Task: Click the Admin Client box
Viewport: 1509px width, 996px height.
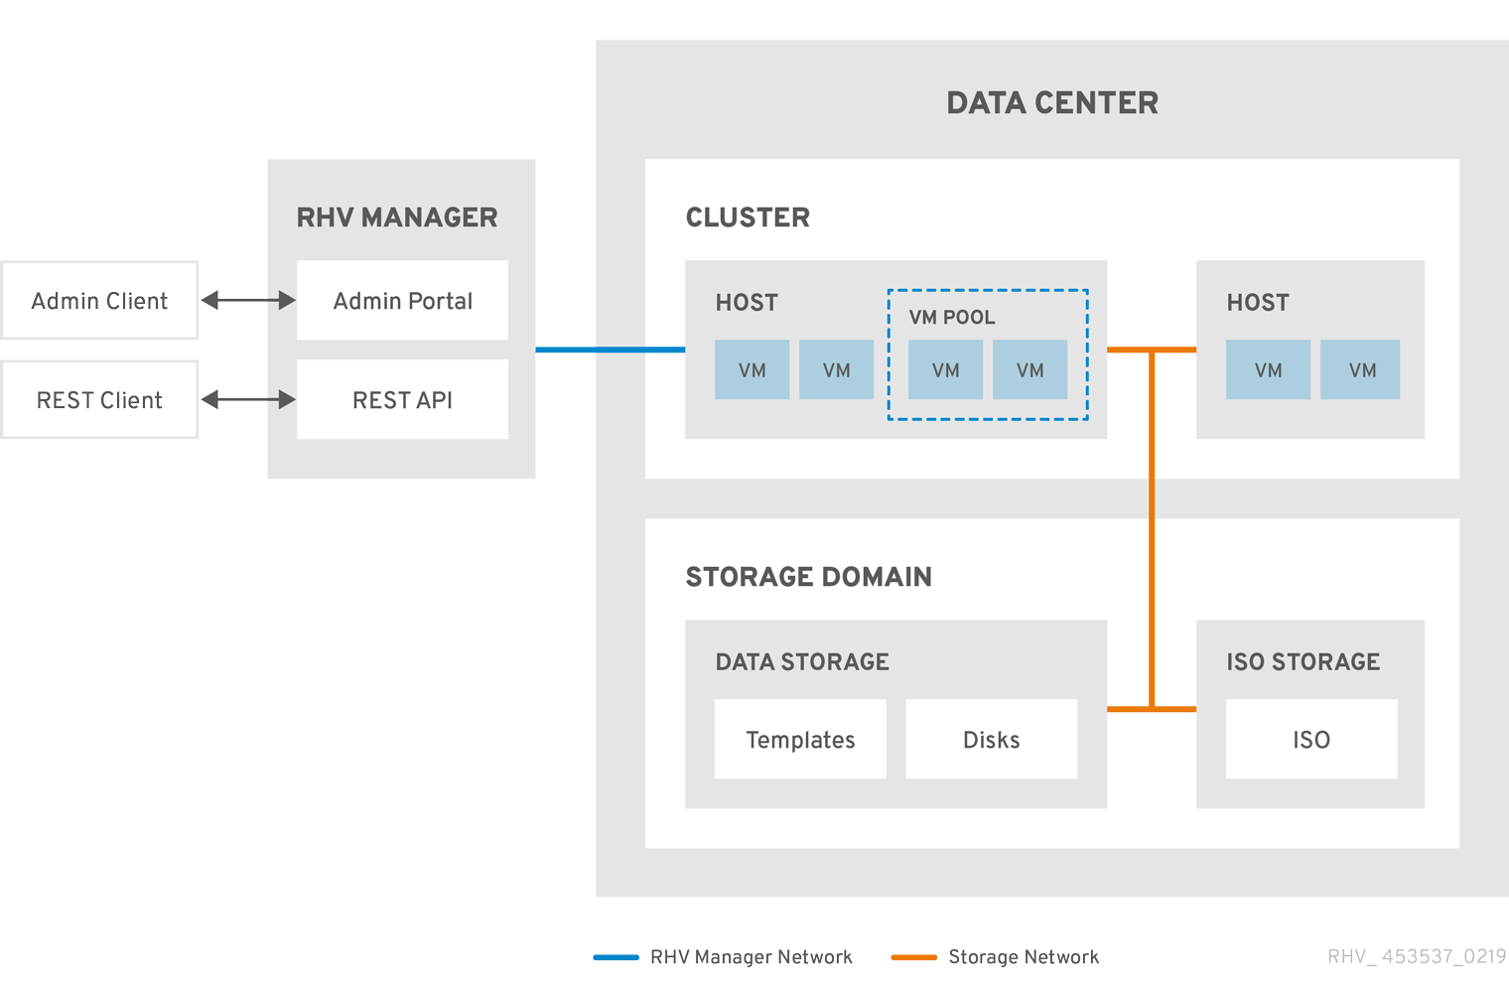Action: [99, 300]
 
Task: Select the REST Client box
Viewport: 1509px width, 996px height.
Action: [99, 399]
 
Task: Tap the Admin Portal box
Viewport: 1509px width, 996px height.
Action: [402, 300]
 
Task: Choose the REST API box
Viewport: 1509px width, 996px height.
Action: [402, 399]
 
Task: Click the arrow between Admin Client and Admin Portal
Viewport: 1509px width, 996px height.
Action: [248, 300]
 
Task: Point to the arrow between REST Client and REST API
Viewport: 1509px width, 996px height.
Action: [248, 399]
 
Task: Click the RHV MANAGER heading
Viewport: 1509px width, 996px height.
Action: [397, 217]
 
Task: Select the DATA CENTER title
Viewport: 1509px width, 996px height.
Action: [1052, 102]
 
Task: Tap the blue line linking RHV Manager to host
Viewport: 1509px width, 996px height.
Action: [610, 350]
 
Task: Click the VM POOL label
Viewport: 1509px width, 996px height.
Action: [951, 317]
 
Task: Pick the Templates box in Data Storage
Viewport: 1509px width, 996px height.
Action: [800, 739]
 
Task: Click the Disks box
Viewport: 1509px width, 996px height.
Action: [991, 739]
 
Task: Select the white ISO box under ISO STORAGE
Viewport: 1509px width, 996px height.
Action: [1310, 739]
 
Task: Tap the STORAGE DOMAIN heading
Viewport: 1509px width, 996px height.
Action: [808, 577]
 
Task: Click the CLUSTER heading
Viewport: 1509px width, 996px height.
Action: [748, 217]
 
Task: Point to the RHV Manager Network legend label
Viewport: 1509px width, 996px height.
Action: [751, 957]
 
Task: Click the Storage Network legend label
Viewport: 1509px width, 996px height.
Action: [1023, 957]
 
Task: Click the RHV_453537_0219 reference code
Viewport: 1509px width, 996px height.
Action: [1417, 956]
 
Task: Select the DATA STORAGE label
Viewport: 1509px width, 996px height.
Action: [802, 661]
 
